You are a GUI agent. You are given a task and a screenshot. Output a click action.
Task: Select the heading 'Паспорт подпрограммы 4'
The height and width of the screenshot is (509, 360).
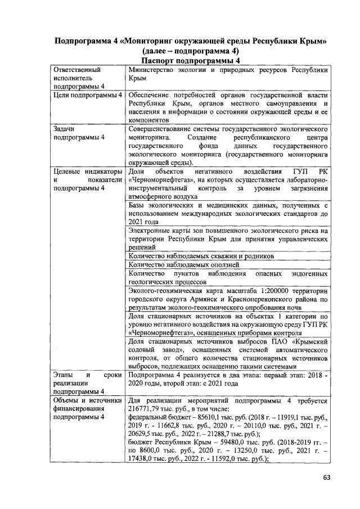pyautogui.click(x=191, y=61)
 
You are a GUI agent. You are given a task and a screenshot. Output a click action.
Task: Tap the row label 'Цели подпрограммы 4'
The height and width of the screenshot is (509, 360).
pyautogui.click(x=87, y=95)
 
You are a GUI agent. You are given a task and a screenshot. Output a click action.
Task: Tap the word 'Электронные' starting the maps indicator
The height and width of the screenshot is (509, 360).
pyautogui.click(x=148, y=231)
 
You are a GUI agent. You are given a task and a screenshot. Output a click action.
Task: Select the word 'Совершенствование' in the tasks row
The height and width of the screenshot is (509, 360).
pyautogui.click(x=162, y=129)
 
